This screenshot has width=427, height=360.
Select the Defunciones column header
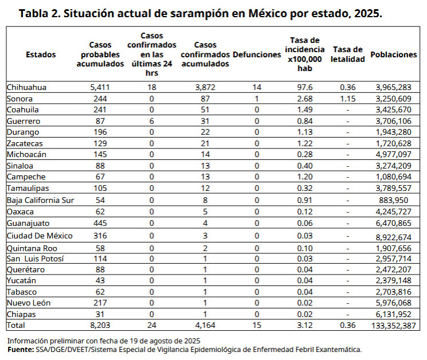point(256,54)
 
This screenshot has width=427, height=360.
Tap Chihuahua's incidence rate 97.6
point(304,87)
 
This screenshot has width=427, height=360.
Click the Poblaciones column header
point(393,54)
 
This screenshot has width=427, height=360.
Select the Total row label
point(15,325)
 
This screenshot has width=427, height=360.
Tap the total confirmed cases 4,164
point(205,325)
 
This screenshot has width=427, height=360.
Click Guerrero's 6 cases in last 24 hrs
point(151,121)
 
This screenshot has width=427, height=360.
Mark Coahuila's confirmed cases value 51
point(205,109)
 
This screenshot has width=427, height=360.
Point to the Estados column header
point(41,54)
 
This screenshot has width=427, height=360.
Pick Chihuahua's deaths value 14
point(256,87)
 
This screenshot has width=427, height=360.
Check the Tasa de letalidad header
point(347,54)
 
